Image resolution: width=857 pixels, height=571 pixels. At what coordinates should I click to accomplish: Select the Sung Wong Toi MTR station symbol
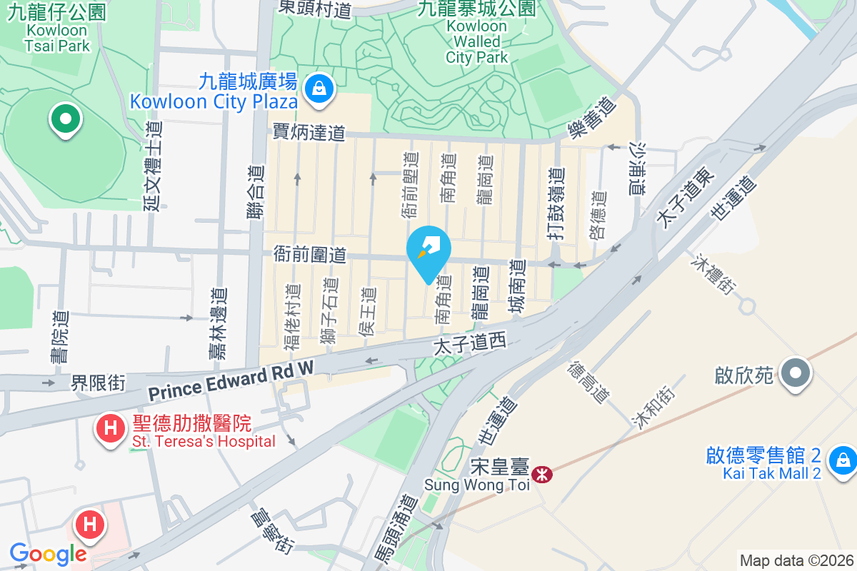tap(543, 473)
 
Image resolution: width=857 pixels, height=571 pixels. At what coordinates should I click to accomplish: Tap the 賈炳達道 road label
tap(309, 132)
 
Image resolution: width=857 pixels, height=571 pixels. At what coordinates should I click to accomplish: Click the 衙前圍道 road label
tap(309, 254)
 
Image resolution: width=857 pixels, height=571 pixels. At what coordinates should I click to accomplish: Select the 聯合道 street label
tap(256, 191)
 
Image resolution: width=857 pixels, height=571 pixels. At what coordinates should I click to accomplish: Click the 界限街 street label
tap(98, 383)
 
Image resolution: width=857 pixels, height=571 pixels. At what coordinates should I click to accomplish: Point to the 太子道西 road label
tap(470, 344)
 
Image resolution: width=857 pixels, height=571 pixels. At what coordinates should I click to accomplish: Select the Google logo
tap(48, 554)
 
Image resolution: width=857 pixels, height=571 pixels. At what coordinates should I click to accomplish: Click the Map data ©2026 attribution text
tap(796, 560)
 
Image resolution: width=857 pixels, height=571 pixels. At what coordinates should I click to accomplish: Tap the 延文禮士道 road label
tap(154, 166)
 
